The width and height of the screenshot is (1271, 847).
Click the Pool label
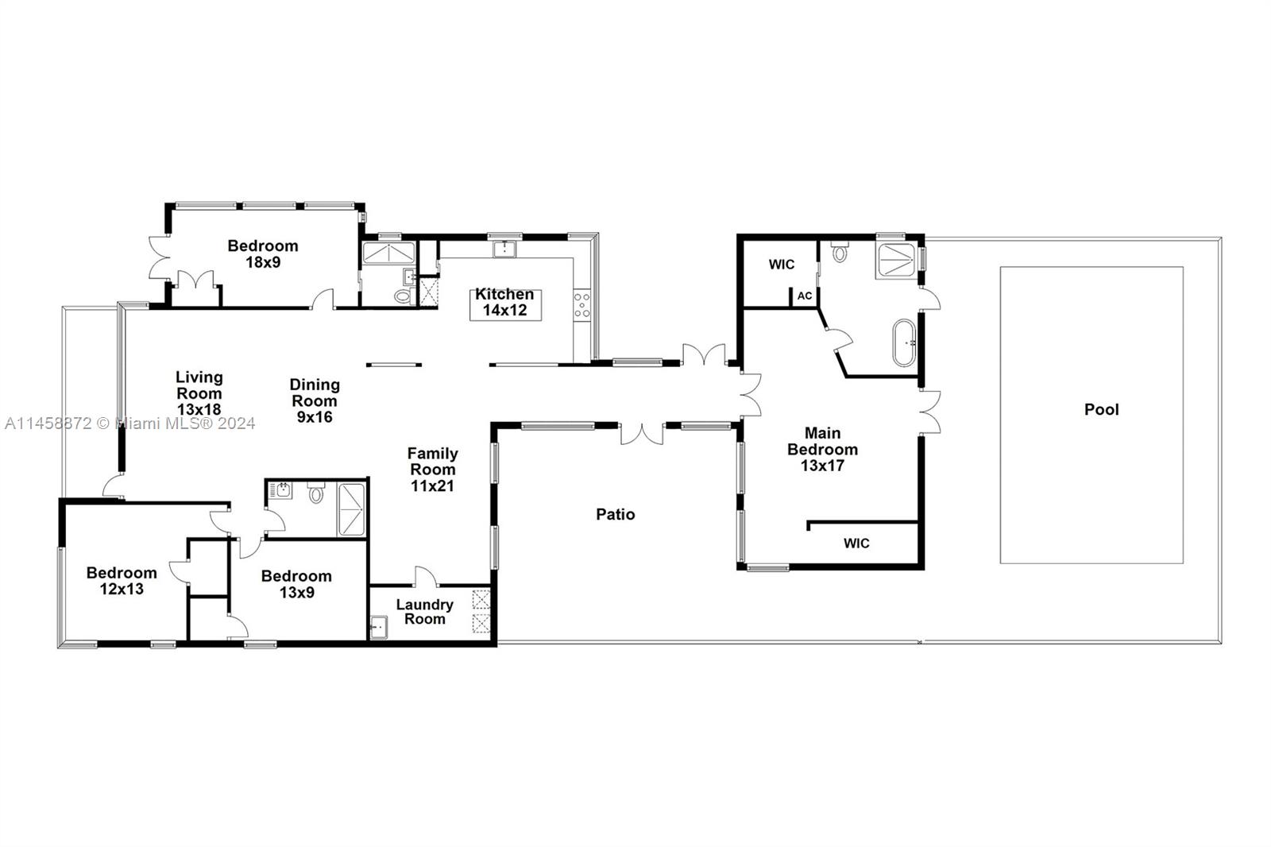click(1101, 409)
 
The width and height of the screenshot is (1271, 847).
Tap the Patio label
click(615, 514)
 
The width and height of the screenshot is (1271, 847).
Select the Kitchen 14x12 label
click(505, 303)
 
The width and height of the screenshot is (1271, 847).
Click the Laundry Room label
click(424, 612)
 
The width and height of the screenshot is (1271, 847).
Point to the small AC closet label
click(805, 296)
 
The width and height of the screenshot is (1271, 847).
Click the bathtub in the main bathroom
click(904, 342)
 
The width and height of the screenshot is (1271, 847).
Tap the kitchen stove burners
click(582, 306)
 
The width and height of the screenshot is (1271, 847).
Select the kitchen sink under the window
click(504, 249)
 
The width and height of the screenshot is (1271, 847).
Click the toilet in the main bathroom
click(840, 253)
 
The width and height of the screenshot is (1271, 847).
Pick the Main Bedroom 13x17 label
click(822, 449)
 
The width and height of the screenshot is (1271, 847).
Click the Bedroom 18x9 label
click(263, 253)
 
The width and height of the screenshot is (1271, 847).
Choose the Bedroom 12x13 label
click(122, 581)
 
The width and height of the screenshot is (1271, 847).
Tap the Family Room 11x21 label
click(432, 469)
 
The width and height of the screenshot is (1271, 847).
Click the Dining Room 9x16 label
click(315, 400)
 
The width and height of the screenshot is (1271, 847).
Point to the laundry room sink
click(379, 627)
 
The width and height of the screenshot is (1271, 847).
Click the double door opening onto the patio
click(642, 434)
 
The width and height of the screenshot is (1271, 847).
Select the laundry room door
click(425, 576)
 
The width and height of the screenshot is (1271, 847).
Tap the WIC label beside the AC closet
click(781, 265)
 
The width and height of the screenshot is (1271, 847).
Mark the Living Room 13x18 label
click(199, 393)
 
